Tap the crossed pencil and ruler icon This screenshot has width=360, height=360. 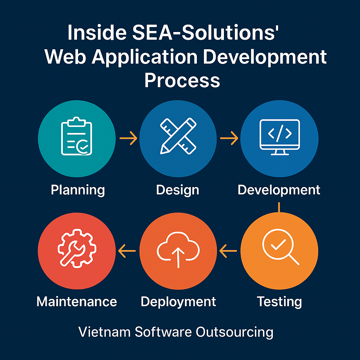coord(178,136)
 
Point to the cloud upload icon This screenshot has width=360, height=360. coord(178,249)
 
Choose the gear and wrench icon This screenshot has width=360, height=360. coord(76,249)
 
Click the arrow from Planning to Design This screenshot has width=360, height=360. coord(128,138)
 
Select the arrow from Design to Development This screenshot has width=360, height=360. coord(229,138)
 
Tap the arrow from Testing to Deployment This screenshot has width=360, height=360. coord(228,251)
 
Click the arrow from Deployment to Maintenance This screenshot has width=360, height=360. coord(127,251)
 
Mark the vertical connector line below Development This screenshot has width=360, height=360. coord(279,207)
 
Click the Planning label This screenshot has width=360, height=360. coord(78,190)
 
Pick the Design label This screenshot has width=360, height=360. coord(178,190)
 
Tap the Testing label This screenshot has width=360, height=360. coord(279,302)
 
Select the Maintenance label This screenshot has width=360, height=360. coord(77,302)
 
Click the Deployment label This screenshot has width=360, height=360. coord(178,302)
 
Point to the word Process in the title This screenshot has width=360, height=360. coord(182,80)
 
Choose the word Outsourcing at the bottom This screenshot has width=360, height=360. coord(234,332)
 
